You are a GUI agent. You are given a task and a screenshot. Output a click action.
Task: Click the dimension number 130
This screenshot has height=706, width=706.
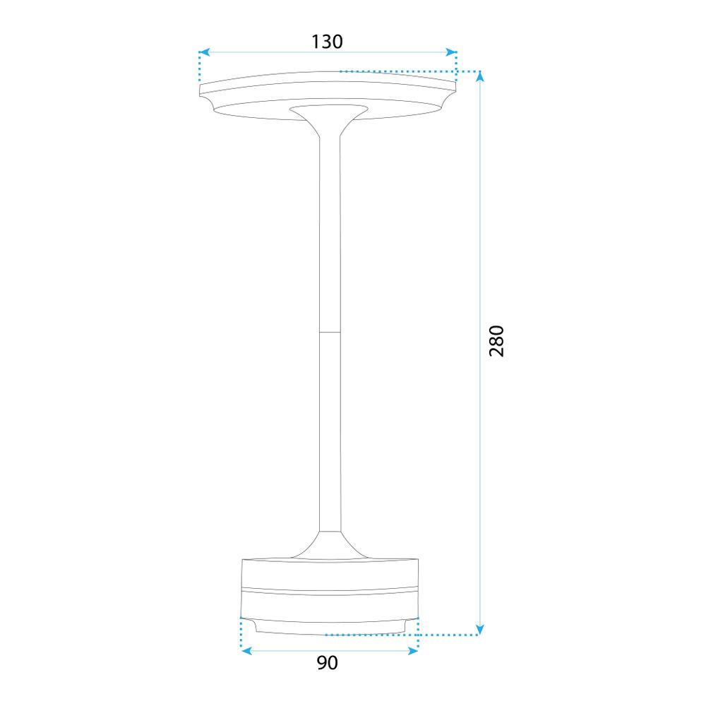point(327,42)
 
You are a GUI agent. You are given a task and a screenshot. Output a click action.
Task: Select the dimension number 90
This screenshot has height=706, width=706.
point(327,663)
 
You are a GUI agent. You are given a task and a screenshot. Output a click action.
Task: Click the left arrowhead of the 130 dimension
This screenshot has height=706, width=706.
point(204,52)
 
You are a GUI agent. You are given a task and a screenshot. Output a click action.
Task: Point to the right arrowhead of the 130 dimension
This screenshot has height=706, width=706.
point(452,52)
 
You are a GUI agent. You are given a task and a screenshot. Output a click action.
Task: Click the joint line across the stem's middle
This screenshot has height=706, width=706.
point(329,331)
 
